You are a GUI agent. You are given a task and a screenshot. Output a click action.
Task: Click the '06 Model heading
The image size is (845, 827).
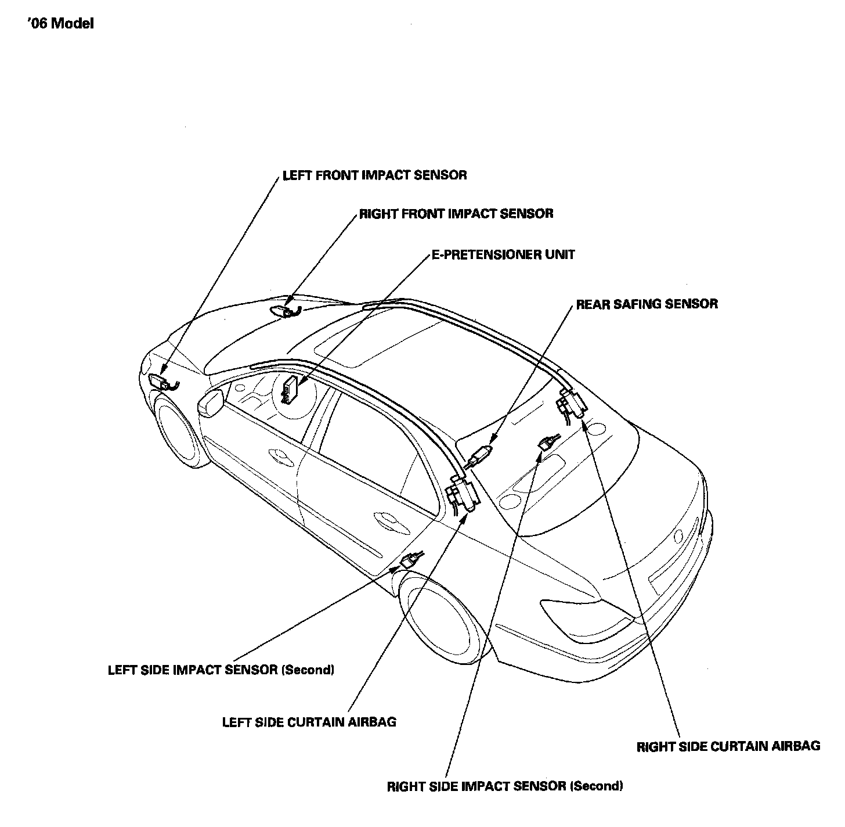(x=60, y=24)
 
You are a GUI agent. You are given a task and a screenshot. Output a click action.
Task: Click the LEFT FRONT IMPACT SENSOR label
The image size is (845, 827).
(x=374, y=175)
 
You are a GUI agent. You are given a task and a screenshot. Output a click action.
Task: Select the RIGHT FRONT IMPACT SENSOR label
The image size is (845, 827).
(x=456, y=214)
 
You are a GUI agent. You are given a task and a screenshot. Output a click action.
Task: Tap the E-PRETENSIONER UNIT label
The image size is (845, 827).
(x=503, y=254)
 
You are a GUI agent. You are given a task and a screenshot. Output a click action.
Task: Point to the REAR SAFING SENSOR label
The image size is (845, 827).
(x=647, y=304)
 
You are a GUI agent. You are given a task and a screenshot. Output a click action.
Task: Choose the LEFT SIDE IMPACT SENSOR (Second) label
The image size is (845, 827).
(x=221, y=670)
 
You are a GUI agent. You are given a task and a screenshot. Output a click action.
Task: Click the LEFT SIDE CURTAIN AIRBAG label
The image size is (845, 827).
(x=309, y=722)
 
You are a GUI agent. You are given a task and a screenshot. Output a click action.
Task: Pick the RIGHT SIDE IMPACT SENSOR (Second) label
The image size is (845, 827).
(x=505, y=786)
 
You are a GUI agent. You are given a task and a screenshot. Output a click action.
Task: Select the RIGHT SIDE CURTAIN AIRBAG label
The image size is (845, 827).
(x=728, y=746)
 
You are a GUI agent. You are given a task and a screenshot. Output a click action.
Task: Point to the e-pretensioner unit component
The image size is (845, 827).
(x=290, y=389)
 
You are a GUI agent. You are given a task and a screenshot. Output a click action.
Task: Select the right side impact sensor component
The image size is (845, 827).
(x=548, y=443)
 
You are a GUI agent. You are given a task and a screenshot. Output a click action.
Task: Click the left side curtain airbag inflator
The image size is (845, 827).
(x=463, y=494)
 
